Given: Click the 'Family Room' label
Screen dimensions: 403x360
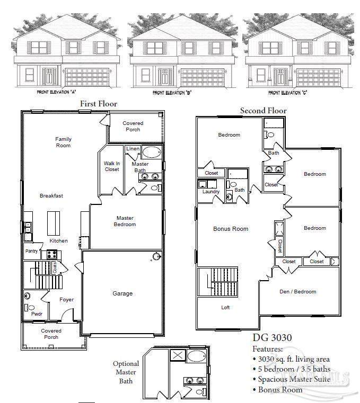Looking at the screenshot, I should point(63,142).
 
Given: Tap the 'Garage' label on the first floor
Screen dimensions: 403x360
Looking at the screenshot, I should point(122,293).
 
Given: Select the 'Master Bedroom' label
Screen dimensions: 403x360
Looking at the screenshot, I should point(125,221).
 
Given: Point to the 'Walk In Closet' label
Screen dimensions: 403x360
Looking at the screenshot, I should point(111,166).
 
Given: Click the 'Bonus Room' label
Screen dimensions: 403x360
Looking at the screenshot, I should point(231,229).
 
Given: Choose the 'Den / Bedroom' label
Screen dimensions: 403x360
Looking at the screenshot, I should point(297,291).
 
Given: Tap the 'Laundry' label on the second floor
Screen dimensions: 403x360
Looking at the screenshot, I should point(210,192).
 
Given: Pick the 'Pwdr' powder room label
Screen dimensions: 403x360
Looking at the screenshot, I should point(36,314).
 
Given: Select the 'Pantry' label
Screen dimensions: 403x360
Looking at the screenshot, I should point(31,251).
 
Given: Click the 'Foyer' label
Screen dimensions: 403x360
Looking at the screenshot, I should point(66,300).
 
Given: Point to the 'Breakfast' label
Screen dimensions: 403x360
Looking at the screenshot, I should point(51,196).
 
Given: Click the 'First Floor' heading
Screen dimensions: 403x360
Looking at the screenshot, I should point(99,104).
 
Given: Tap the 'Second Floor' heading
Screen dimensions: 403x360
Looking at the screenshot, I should point(263,111).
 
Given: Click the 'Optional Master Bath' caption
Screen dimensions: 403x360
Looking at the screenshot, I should point(126,372).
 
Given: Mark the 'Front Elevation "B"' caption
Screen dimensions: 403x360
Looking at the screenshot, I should point(171,93).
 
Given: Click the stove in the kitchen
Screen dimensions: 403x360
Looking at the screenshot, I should point(52,254).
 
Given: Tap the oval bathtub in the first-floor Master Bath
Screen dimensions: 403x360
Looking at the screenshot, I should point(152,153).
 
